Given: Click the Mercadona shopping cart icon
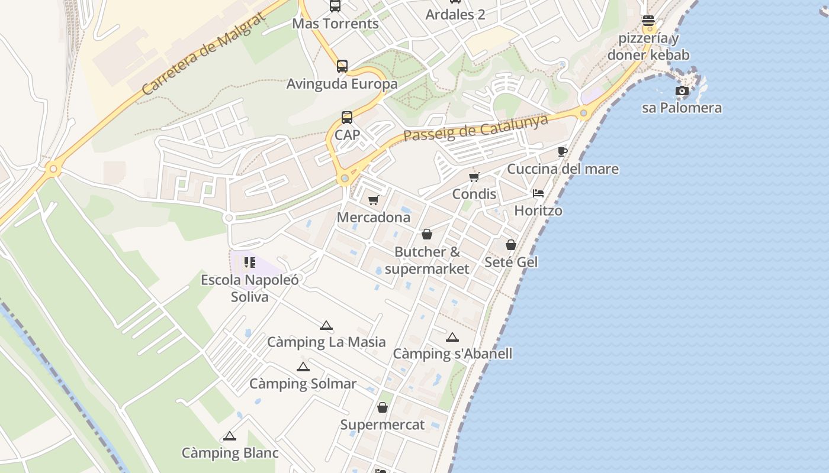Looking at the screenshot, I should click(x=373, y=200).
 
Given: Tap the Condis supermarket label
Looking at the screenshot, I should click(x=474, y=194).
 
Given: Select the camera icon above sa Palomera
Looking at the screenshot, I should click(x=682, y=91).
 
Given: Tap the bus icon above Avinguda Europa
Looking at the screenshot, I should click(x=342, y=66).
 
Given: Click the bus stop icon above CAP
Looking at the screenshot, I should click(x=347, y=117).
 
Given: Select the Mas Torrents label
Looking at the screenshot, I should click(x=335, y=24).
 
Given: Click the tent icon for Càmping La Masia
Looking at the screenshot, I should click(x=326, y=325).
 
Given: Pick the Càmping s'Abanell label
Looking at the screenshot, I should click(x=452, y=354).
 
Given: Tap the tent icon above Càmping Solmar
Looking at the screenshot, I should click(x=303, y=367).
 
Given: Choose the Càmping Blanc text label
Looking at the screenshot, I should click(x=230, y=453).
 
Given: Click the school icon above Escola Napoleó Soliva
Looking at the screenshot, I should click(x=249, y=262).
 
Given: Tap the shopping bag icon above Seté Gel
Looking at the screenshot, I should click(x=510, y=245).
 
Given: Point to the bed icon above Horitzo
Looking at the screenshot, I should click(x=538, y=193).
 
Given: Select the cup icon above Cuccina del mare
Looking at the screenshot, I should click(x=562, y=152).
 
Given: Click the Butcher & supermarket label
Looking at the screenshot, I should click(x=426, y=260).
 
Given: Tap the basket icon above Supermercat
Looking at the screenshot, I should click(x=383, y=407).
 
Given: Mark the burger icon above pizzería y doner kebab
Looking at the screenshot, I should click(x=648, y=21).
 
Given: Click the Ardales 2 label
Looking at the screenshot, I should click(x=455, y=14).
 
